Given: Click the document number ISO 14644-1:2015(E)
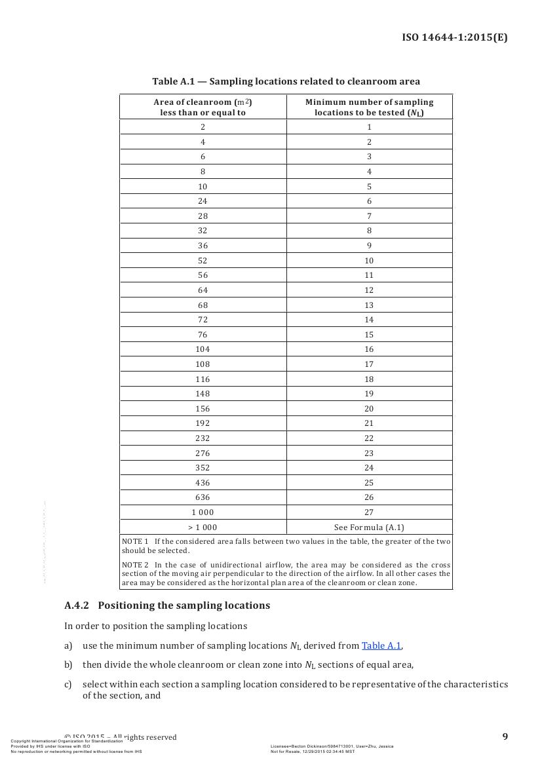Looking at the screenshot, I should point(454,37).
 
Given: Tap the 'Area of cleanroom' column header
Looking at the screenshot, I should point(203,107).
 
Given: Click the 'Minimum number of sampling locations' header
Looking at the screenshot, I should point(369,107).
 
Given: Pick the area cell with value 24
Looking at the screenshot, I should point(203,201).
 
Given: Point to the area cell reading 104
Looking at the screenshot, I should point(203,349).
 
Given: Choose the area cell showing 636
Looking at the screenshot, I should point(203,497).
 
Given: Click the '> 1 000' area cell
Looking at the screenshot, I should point(203,527).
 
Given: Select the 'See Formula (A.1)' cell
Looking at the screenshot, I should point(369,527).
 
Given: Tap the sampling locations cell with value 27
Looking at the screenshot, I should point(369,512).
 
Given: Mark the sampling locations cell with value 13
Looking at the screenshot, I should point(369,305).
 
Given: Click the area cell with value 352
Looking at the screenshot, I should point(203,468).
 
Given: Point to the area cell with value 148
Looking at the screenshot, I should point(203,394).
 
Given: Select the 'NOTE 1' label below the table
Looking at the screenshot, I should point(136,541).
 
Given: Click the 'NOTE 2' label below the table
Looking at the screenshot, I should point(136,565).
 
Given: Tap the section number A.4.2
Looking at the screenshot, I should point(77,605).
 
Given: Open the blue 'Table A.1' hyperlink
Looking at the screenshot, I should point(381,645).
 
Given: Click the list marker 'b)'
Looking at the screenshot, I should point(68,665).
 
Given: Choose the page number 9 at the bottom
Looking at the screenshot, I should point(505,737).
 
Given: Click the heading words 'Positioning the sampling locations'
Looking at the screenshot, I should point(184,605).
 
